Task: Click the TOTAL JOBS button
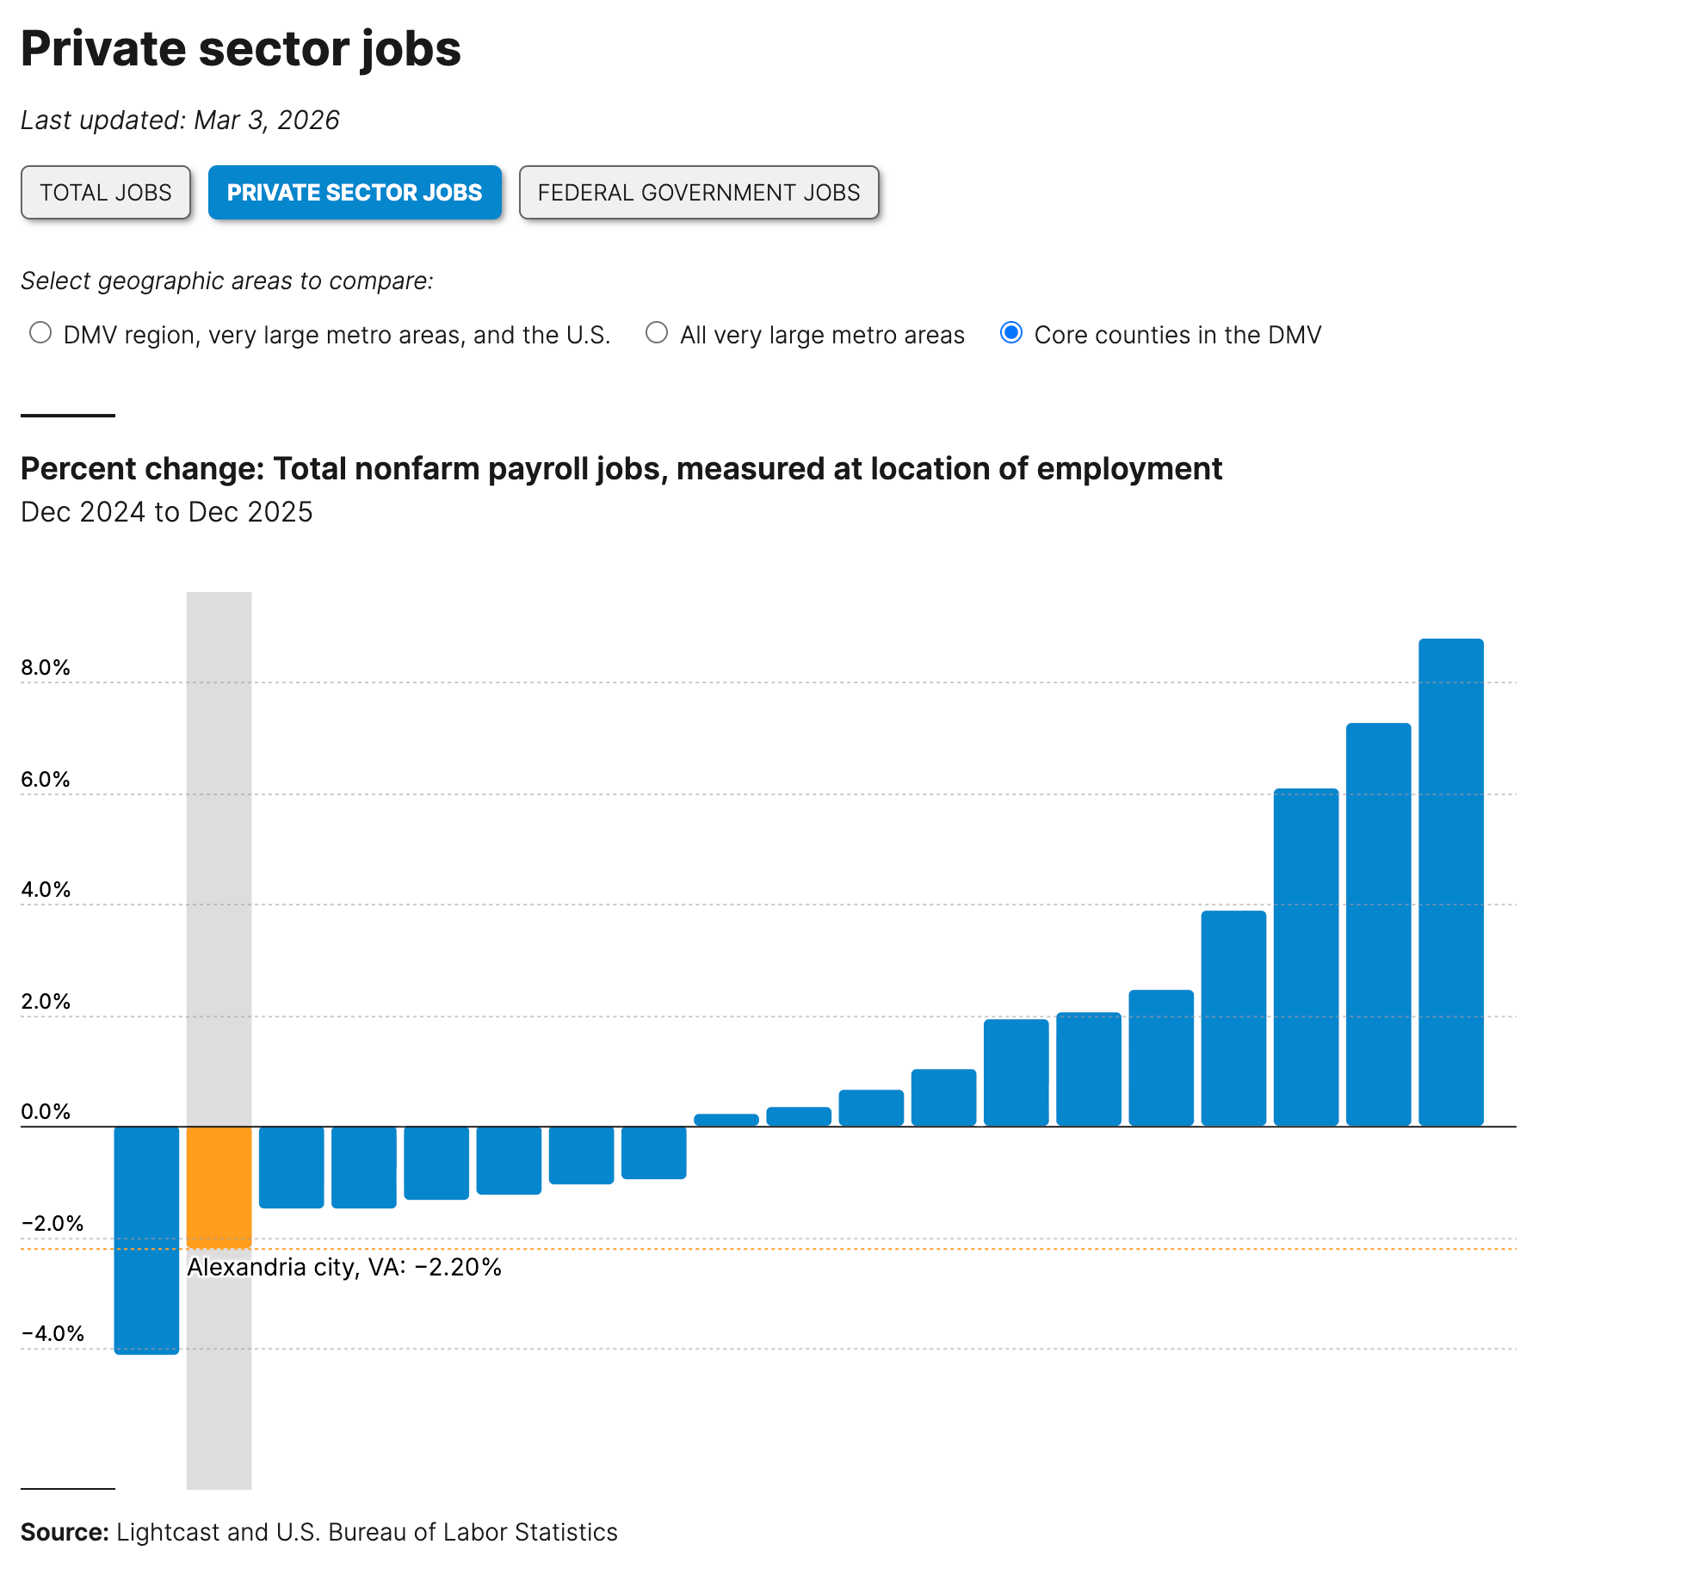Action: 106,193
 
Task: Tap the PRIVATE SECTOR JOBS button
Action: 355,193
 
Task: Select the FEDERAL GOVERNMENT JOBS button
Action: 699,193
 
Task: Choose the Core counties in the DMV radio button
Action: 1011,333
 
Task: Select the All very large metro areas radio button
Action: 657,333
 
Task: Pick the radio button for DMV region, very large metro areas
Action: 40,333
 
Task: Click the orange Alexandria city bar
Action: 219,1187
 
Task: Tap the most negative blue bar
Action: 147,1239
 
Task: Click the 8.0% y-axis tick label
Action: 46,668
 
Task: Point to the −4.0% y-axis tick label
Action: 53,1334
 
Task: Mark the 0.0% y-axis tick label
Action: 46,1112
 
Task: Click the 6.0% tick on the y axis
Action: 46,780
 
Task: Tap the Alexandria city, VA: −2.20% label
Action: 344,1268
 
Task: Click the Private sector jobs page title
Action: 241,49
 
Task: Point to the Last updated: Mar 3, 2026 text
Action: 180,120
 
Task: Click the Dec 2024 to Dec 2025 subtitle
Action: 167,512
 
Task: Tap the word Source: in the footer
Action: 65,1533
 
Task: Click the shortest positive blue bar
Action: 726,1120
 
